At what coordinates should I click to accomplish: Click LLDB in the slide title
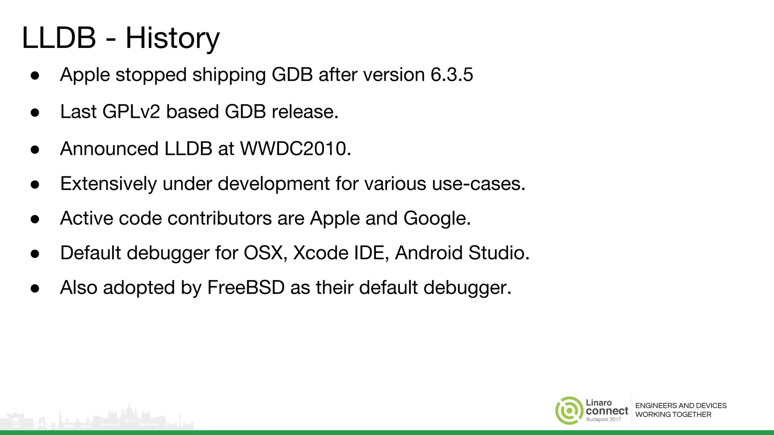click(59, 38)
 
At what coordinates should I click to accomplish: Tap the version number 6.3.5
click(452, 74)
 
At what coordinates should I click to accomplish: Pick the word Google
click(437, 218)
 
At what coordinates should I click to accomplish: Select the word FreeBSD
click(246, 288)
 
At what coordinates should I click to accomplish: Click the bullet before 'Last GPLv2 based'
click(35, 113)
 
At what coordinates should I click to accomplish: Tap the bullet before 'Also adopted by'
click(35, 288)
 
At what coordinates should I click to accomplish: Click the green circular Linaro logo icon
click(569, 410)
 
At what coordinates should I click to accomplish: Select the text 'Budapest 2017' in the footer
click(603, 420)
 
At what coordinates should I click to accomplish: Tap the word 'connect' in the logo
click(607, 411)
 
